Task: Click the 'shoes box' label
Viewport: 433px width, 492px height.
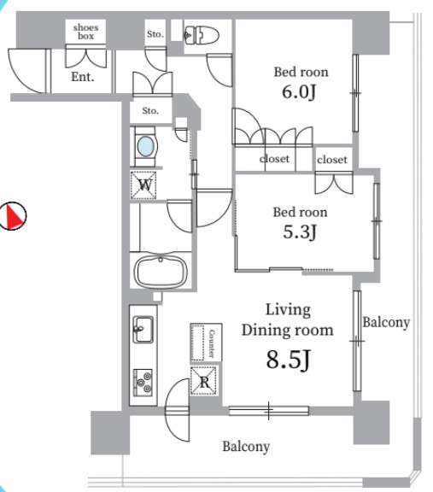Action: tap(85, 32)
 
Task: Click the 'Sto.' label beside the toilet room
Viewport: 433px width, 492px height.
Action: tap(155, 34)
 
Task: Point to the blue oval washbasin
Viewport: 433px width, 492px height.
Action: tap(147, 147)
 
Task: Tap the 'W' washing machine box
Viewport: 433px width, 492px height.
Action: tap(144, 184)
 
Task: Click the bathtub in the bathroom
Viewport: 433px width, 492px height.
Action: tap(161, 272)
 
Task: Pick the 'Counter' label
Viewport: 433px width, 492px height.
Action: tap(206, 343)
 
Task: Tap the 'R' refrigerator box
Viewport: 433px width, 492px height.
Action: tap(202, 381)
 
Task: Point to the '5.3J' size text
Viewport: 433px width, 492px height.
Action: tap(300, 231)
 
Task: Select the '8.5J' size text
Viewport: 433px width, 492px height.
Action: tap(287, 359)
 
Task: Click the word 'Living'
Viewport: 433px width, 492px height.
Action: tap(287, 309)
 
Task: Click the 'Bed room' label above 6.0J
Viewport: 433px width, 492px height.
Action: tap(300, 72)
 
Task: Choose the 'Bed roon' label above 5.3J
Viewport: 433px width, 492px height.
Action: tap(300, 212)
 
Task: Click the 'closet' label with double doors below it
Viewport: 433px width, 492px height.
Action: tap(332, 160)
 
